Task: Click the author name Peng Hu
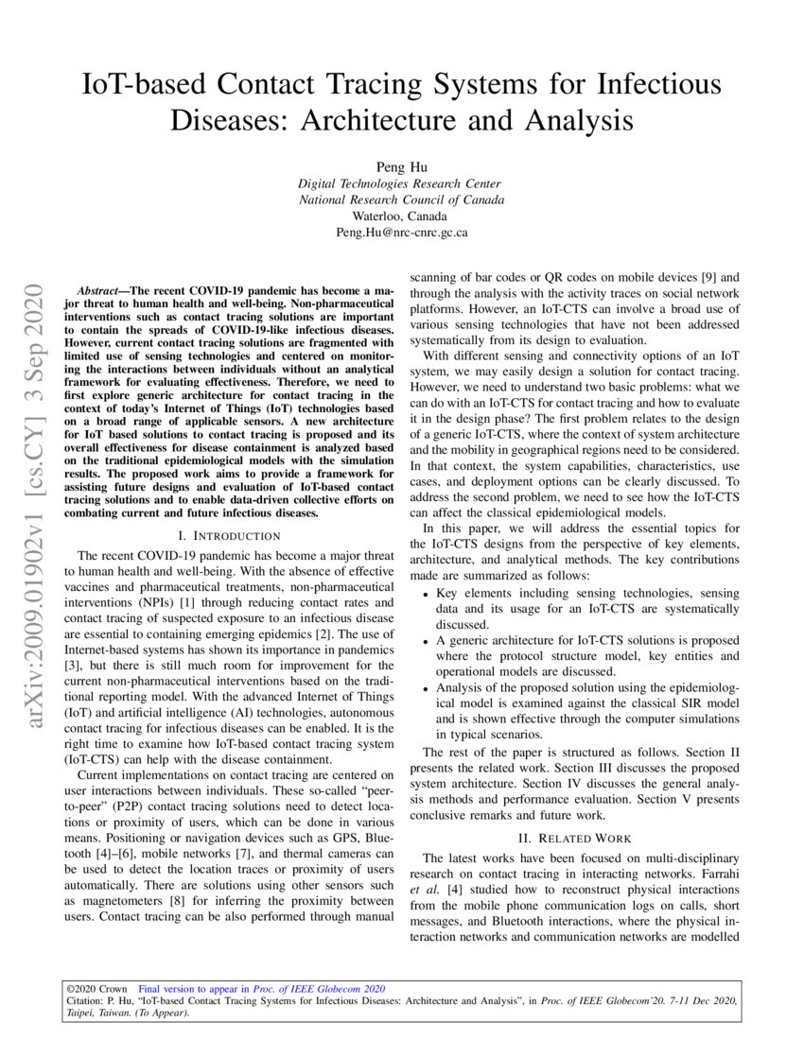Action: click(401, 166)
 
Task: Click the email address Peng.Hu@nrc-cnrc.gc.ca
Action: click(401, 232)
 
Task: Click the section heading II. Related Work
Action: click(575, 838)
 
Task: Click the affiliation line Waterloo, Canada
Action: click(401, 216)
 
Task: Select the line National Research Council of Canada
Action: click(401, 199)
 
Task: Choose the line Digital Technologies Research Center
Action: click(401, 183)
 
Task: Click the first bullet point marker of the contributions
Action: click(424, 593)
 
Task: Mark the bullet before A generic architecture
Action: click(424, 640)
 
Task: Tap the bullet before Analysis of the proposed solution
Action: click(424, 688)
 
